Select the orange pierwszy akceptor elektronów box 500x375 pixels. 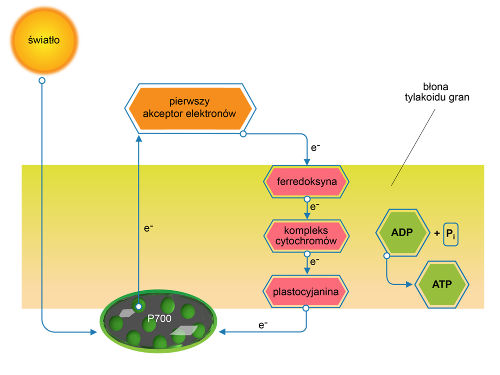(190, 108)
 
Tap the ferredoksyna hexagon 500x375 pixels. (307, 182)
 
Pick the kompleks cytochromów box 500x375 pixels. (307, 236)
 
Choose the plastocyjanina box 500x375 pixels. (306, 292)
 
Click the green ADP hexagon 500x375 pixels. (402, 232)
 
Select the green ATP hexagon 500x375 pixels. (442, 284)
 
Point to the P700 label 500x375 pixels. (159, 318)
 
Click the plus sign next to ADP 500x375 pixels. (437, 233)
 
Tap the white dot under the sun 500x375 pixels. (42, 81)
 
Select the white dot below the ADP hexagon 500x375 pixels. (387, 256)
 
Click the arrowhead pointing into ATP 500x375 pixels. (409, 284)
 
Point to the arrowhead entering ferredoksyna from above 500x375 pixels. (307, 160)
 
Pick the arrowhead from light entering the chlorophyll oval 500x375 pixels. (93, 332)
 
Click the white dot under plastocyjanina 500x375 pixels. (306, 308)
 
